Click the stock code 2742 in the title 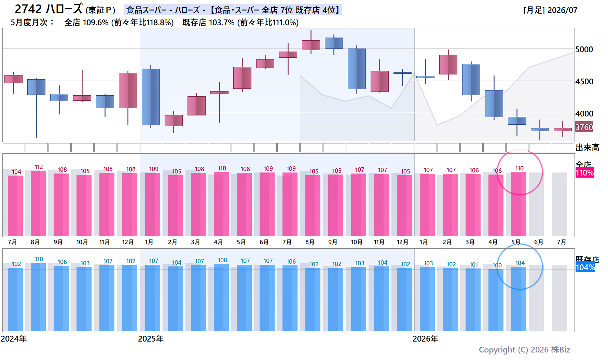coord(28,9)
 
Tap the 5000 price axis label coord(584,50)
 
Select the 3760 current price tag coord(584,127)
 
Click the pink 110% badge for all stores coord(585,172)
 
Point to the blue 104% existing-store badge coord(585,267)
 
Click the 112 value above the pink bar coord(39,167)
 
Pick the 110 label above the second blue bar coord(39,259)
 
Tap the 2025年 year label coord(151,339)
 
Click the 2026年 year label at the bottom coord(425,339)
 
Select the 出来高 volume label coord(588,148)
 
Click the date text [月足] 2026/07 coord(550,10)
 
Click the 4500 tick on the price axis coord(584,82)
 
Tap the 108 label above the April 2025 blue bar coord(222,260)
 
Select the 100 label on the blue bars coord(497,265)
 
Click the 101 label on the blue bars coord(474,265)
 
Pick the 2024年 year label coord(14,339)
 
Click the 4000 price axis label coord(584,114)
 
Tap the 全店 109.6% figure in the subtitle coord(86,23)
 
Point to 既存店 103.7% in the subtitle coord(208,23)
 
